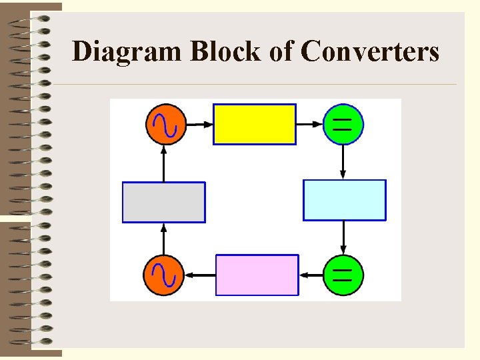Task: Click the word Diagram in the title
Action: [x=127, y=51]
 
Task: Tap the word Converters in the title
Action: [x=370, y=51]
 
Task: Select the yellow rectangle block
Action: [x=254, y=124]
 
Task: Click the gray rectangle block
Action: [x=164, y=202]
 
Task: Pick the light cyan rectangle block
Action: [x=345, y=200]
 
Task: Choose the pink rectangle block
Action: [x=257, y=275]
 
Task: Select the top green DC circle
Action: [x=343, y=124]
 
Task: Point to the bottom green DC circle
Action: [x=343, y=275]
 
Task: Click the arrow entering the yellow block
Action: [x=198, y=124]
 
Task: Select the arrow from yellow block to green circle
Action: [x=309, y=124]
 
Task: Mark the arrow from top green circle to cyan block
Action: [x=343, y=162]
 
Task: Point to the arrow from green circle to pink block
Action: [x=311, y=275]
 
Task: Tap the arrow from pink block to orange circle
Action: [x=200, y=275]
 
